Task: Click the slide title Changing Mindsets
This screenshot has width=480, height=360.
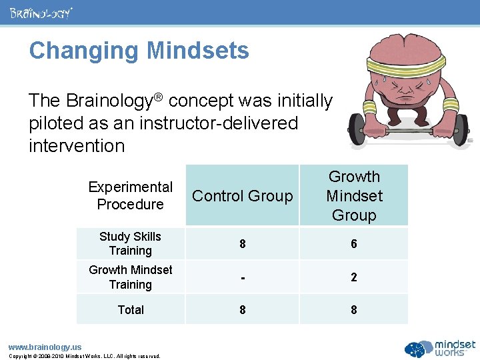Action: point(139,51)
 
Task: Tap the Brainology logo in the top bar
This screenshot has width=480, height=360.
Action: point(41,13)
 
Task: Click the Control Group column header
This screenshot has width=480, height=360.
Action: point(242,196)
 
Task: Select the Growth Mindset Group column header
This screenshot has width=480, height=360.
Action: point(353,196)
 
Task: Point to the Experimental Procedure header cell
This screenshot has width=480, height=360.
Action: point(131,196)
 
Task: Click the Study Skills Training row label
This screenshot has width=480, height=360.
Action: point(131,243)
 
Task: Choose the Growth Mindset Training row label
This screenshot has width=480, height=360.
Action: point(131,277)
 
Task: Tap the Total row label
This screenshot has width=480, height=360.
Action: point(131,309)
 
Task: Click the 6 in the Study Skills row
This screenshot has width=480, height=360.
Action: point(353,244)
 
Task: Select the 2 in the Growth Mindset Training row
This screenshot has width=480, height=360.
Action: point(353,277)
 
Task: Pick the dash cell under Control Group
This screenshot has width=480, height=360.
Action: point(242,277)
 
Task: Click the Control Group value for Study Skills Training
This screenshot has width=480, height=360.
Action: point(242,244)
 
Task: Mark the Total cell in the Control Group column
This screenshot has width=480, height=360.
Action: point(242,309)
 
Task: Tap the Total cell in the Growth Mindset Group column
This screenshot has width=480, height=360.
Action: point(353,309)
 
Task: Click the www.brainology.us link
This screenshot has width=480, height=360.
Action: point(45,347)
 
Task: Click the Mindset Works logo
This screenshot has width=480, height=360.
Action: point(440,348)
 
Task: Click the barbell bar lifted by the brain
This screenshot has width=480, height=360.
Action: point(410,133)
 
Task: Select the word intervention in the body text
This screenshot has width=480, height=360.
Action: point(77,145)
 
